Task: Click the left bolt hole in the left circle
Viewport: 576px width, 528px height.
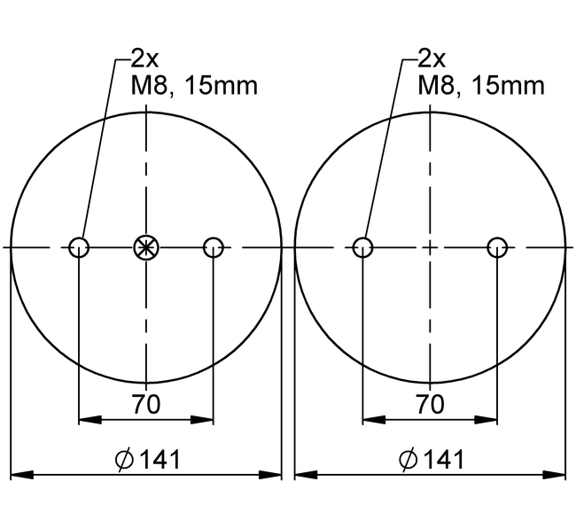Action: tap(79, 247)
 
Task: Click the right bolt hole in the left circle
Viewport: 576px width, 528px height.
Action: tap(213, 247)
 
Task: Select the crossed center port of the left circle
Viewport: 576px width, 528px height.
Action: tap(144, 247)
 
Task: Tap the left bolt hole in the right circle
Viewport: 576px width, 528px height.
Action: tap(362, 247)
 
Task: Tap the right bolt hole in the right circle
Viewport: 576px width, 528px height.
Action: tap(497, 247)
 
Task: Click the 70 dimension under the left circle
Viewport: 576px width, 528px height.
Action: tap(146, 405)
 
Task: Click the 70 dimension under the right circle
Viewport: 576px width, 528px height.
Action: tap(430, 405)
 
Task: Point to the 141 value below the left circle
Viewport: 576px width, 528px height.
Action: tap(160, 459)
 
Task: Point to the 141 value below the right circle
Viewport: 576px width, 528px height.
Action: tap(443, 459)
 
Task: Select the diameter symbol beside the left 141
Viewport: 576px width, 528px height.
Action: tap(125, 460)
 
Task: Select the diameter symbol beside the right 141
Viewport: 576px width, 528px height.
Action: tap(409, 460)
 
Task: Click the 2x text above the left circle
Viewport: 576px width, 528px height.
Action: tap(144, 59)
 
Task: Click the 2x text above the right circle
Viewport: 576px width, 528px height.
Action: tap(431, 59)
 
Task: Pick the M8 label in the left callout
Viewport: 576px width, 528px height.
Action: tap(151, 86)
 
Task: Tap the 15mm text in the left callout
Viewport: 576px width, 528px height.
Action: tap(219, 86)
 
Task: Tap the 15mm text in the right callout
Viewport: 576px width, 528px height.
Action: tap(505, 86)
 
